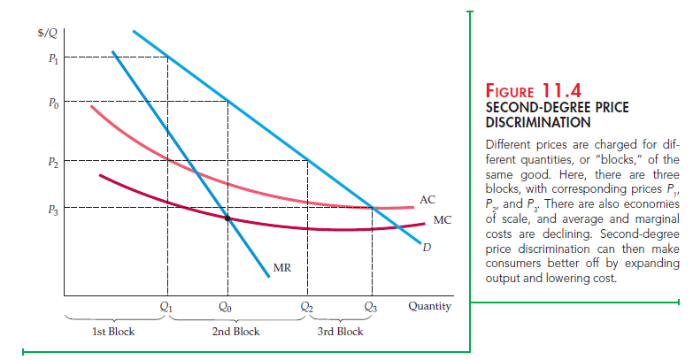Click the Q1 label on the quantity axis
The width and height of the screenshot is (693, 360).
tap(166, 307)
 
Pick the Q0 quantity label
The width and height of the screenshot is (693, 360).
tap(227, 307)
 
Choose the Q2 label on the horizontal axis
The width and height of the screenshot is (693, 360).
tap(307, 307)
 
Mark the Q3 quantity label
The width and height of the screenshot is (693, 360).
tap(371, 307)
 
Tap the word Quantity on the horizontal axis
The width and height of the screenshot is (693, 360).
tap(429, 307)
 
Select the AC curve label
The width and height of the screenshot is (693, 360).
tap(428, 200)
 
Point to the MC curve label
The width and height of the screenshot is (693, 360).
tap(443, 218)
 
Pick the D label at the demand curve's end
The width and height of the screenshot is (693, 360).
tap(427, 247)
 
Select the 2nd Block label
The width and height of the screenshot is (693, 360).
tap(235, 332)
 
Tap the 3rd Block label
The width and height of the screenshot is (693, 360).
tap(340, 332)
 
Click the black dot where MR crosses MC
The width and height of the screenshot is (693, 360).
tap(227, 217)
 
